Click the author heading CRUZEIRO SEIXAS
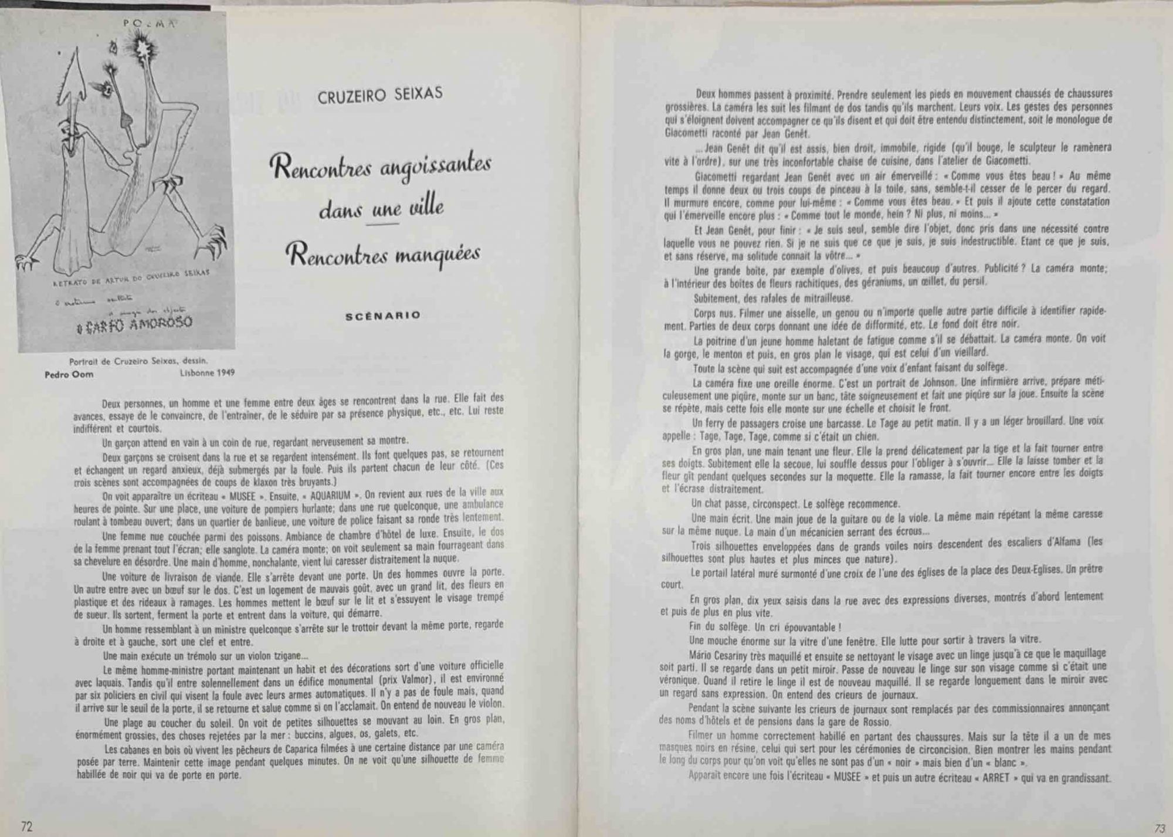pos(380,94)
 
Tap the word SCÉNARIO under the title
pos(383,316)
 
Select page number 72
pos(27,826)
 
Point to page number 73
pos(1159,828)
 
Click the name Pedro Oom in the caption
pos(69,374)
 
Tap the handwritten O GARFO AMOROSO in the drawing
pos(134,324)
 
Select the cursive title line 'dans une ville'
pos(381,208)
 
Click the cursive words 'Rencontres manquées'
pos(383,256)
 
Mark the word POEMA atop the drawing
pos(150,23)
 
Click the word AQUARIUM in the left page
pos(330,496)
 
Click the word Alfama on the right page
pos(1063,542)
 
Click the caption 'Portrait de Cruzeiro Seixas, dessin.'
pos(138,361)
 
